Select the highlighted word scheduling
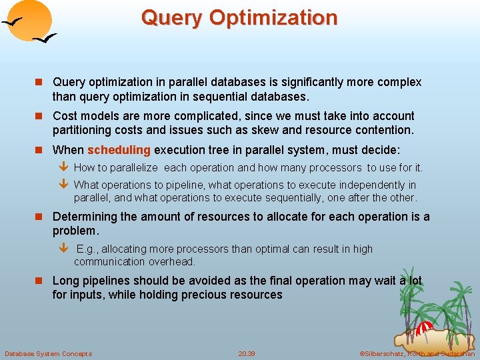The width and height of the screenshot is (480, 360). (x=119, y=150)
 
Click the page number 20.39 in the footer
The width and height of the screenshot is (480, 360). (x=247, y=353)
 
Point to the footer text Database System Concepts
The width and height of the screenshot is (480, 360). (x=48, y=353)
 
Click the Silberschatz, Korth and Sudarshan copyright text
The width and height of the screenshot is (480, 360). (x=417, y=353)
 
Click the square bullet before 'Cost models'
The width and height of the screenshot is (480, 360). (x=40, y=116)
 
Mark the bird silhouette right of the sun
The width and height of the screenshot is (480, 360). (x=44, y=40)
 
